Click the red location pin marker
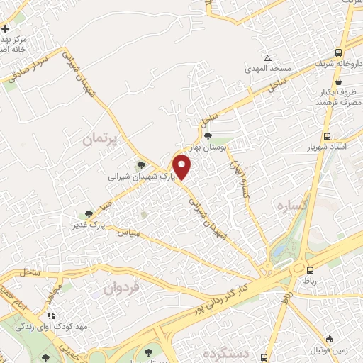click(183, 167)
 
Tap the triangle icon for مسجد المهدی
click(267, 58)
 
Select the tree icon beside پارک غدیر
click(88, 214)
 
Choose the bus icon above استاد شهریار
click(327, 136)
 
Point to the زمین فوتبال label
click(333, 350)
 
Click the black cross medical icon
click(6, 29)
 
